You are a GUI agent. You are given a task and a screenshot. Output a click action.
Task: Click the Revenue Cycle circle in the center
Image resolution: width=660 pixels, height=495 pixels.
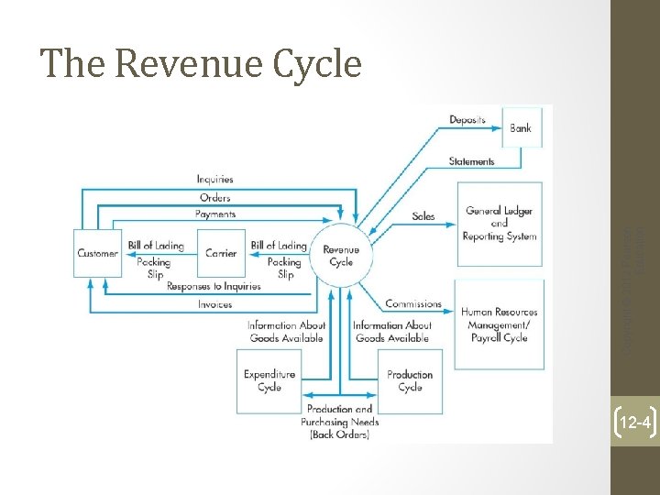tap(340, 254)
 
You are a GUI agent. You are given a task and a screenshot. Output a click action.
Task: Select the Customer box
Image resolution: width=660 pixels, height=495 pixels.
tap(97, 253)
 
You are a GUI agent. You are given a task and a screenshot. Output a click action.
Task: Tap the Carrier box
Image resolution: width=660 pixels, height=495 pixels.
tap(221, 253)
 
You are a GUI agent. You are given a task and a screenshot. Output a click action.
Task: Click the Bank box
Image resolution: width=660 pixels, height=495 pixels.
tap(520, 127)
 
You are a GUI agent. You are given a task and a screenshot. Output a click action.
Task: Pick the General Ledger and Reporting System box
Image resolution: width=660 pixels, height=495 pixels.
tap(499, 223)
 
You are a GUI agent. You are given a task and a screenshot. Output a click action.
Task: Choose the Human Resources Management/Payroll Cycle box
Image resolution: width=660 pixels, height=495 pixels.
tap(499, 324)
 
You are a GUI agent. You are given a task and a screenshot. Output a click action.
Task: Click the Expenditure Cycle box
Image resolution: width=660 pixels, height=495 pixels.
tap(269, 380)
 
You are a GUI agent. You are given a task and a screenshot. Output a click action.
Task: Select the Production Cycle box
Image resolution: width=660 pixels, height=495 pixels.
tap(409, 380)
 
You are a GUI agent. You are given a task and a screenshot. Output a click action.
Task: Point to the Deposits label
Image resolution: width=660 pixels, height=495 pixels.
tap(467, 120)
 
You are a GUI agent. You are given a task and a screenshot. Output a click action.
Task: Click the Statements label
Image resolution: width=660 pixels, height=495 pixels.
tap(471, 161)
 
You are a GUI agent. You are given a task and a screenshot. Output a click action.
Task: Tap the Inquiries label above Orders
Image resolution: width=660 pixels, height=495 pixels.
tap(214, 179)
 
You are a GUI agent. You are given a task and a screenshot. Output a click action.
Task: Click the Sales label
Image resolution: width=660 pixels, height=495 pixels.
tap(423, 216)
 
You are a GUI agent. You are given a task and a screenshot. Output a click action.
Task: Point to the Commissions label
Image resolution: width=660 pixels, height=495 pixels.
tap(412, 303)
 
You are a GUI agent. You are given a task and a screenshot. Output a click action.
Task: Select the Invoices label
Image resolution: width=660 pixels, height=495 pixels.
tap(214, 304)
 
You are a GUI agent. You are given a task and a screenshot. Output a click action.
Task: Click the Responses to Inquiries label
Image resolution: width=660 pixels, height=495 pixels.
tap(214, 286)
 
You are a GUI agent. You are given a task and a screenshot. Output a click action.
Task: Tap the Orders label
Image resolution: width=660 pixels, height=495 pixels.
tap(214, 197)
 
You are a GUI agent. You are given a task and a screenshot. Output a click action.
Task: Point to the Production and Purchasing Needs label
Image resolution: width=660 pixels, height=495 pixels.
tap(339, 422)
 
